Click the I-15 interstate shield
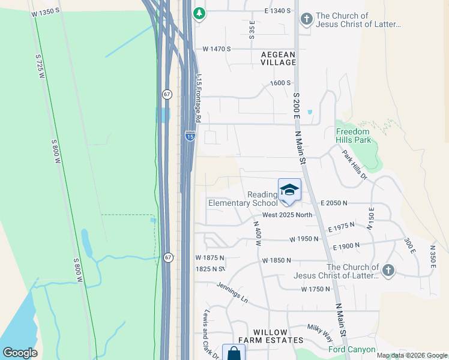(190, 136)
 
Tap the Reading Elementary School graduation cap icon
(289, 190)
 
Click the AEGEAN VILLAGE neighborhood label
(279, 58)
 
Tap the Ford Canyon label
(352, 349)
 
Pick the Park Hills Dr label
(355, 164)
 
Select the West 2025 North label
(288, 215)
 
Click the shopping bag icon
(234, 354)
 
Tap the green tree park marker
(199, 12)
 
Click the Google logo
(20, 352)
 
